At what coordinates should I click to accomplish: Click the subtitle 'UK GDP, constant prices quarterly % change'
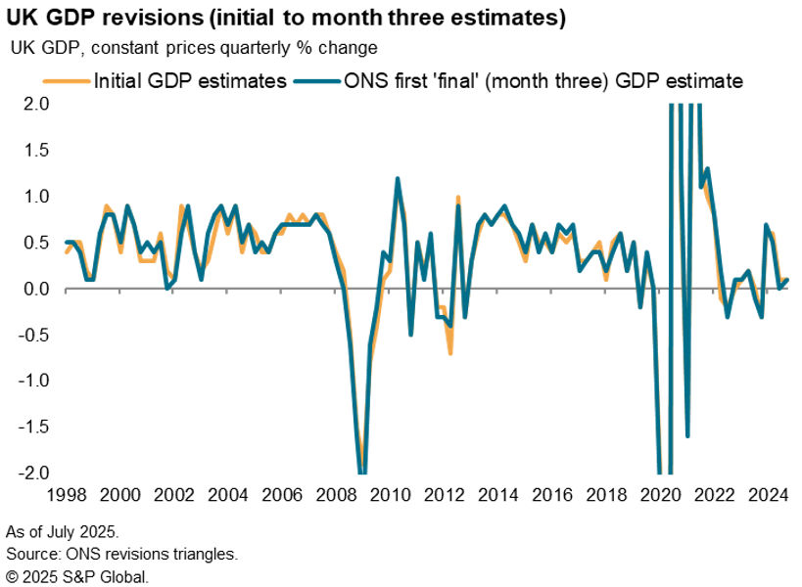click(x=194, y=48)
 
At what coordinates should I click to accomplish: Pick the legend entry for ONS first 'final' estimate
click(x=540, y=80)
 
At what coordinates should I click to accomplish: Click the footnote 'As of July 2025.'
click(x=63, y=533)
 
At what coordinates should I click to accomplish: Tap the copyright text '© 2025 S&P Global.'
click(x=76, y=576)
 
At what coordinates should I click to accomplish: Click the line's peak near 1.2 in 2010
click(x=398, y=179)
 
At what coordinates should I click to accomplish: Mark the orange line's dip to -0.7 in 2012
click(x=450, y=352)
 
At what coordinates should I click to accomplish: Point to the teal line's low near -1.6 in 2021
click(x=688, y=435)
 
